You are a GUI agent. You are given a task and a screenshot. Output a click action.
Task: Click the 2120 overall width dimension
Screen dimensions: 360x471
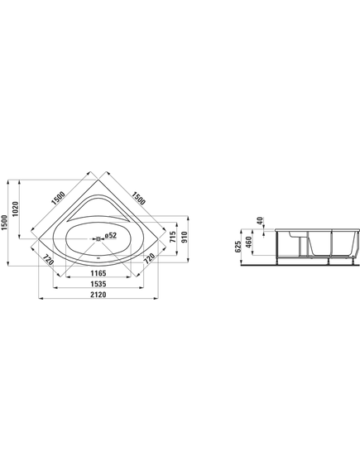point(98,295)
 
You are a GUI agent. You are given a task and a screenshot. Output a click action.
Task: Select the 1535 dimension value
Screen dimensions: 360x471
point(98,284)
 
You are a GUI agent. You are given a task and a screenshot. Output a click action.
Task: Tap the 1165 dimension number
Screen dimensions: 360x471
point(98,273)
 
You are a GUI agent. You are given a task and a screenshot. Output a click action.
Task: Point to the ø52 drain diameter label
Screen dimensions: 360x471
point(111,235)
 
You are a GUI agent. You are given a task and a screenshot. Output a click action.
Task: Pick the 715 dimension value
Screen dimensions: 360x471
point(172,238)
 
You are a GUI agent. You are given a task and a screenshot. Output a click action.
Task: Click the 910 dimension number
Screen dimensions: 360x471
point(184,238)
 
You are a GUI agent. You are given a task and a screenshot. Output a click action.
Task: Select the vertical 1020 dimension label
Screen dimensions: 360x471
point(16,209)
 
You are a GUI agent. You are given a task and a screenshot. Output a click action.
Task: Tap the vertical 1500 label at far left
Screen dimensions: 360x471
point(4,223)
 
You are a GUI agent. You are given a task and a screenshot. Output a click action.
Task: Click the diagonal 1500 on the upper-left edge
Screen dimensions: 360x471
point(58,198)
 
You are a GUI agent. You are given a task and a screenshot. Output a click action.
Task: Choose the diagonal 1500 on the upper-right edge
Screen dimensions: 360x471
point(139,198)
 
